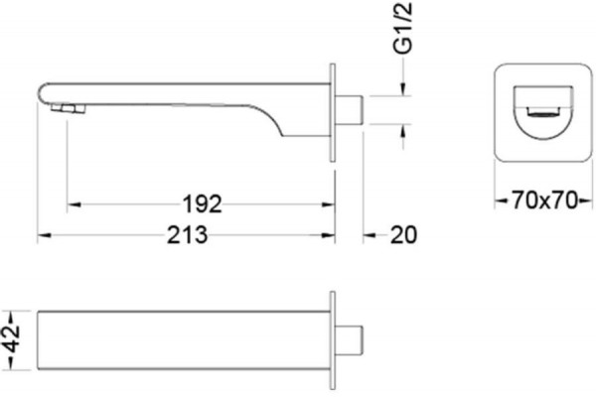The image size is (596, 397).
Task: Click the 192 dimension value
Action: [x=203, y=204]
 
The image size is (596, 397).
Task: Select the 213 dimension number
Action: [x=188, y=235]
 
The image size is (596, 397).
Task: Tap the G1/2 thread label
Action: [x=403, y=28]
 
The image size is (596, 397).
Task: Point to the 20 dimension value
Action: [x=403, y=235]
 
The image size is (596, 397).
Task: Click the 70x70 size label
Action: [x=544, y=200]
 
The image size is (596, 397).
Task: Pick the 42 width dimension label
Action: [x=12, y=339]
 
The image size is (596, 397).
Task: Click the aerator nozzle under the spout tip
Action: [x=68, y=109]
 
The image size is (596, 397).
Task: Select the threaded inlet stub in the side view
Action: [x=350, y=110]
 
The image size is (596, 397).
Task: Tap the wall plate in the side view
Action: [x=333, y=112]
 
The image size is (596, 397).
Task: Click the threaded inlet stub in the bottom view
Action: [x=350, y=340]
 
